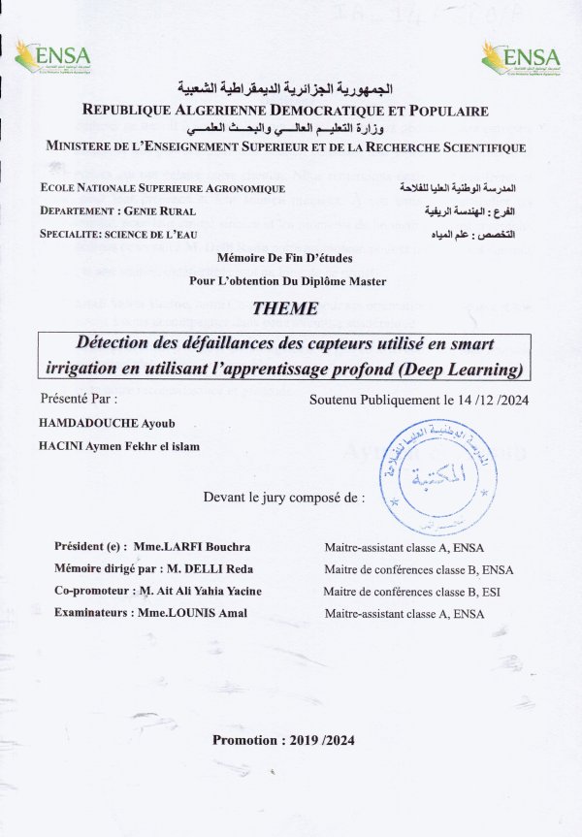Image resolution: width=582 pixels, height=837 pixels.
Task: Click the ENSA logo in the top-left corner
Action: tap(51, 57)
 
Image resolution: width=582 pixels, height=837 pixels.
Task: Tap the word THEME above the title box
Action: tap(283, 310)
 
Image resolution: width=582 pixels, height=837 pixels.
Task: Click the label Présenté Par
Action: tap(79, 398)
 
